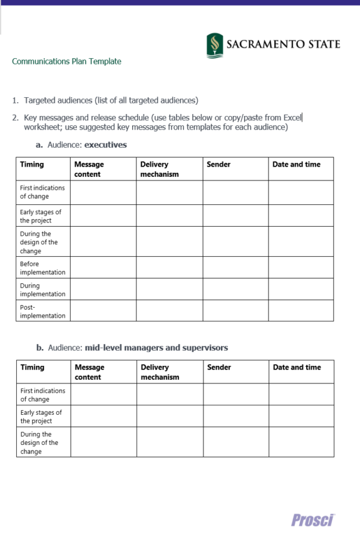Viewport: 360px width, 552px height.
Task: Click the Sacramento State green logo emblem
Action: [215, 45]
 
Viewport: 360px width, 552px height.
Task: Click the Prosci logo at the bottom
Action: [313, 520]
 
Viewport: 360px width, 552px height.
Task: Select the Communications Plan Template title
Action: [66, 61]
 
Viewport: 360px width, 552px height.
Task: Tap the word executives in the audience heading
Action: [105, 145]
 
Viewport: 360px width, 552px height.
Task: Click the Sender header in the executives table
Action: [219, 165]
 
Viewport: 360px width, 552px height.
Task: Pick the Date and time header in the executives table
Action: [296, 165]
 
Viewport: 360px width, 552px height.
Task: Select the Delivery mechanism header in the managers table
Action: [160, 372]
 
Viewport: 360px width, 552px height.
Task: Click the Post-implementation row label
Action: [43, 311]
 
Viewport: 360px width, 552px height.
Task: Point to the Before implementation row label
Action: [43, 268]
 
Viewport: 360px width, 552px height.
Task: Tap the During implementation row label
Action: [43, 289]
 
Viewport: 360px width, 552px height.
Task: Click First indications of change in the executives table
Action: [42, 192]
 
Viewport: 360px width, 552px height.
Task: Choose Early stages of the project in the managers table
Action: [41, 417]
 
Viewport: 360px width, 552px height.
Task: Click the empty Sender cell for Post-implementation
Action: [235, 311]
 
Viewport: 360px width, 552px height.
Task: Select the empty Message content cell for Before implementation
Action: [103, 268]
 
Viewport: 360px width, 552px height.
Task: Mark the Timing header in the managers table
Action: [33, 368]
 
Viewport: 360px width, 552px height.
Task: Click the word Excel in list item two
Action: [292, 117]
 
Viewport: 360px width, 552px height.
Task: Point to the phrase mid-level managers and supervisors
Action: [156, 348]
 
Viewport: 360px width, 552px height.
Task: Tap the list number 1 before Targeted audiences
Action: [15, 100]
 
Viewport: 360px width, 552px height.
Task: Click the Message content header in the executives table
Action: [89, 169]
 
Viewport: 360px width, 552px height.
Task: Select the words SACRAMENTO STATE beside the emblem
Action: [283, 44]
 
